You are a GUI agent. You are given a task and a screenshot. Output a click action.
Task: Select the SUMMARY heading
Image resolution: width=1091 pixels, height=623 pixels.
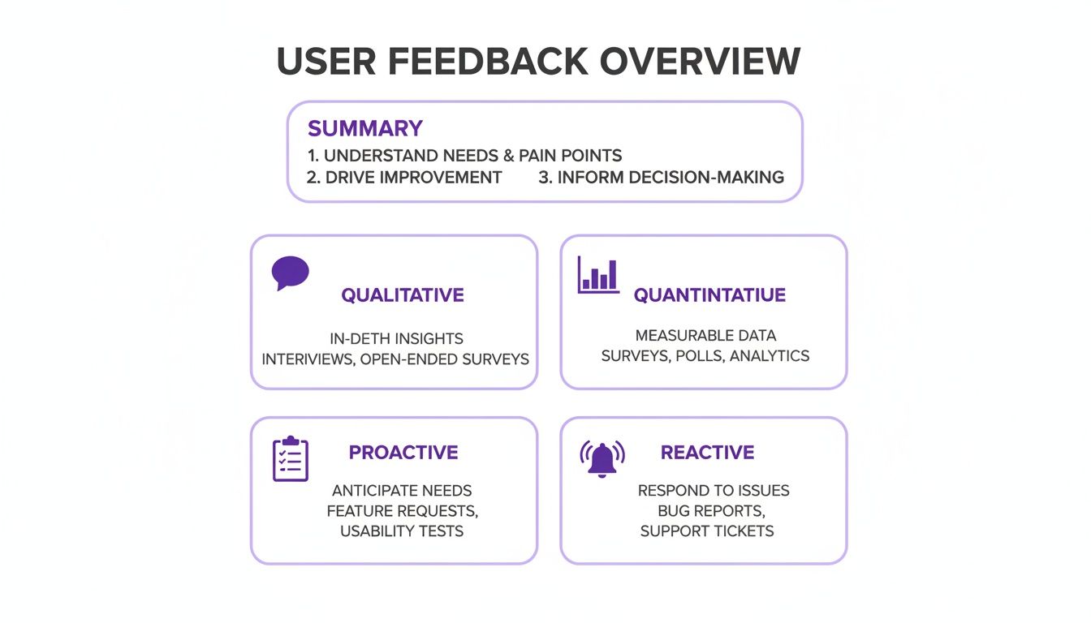(365, 128)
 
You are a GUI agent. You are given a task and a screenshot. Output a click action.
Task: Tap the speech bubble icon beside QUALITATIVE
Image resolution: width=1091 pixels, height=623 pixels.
(290, 273)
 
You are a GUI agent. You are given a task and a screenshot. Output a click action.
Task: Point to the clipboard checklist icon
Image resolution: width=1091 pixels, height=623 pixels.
(290, 459)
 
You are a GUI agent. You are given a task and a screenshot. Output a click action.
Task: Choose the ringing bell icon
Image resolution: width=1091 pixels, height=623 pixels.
(602, 458)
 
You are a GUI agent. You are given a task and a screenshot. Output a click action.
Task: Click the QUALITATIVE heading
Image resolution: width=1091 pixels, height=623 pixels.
(403, 294)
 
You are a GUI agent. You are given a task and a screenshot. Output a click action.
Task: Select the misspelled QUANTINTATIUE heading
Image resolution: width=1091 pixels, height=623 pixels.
(709, 294)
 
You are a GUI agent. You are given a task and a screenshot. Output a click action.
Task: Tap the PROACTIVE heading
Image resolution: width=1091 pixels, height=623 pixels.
(403, 452)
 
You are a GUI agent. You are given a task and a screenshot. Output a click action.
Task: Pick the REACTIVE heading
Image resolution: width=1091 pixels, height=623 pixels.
(707, 452)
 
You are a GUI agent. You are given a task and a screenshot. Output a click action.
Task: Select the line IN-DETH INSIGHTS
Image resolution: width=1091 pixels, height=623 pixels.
(397, 338)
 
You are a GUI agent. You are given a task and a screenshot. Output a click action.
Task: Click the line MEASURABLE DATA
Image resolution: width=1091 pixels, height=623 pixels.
(705, 335)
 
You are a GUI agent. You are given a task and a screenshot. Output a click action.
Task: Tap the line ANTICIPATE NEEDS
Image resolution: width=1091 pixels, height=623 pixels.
(402, 490)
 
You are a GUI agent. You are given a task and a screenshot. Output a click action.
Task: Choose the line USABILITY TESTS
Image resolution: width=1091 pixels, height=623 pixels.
(402, 531)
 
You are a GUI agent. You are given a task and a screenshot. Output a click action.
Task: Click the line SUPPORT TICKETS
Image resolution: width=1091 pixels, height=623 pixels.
(707, 531)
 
